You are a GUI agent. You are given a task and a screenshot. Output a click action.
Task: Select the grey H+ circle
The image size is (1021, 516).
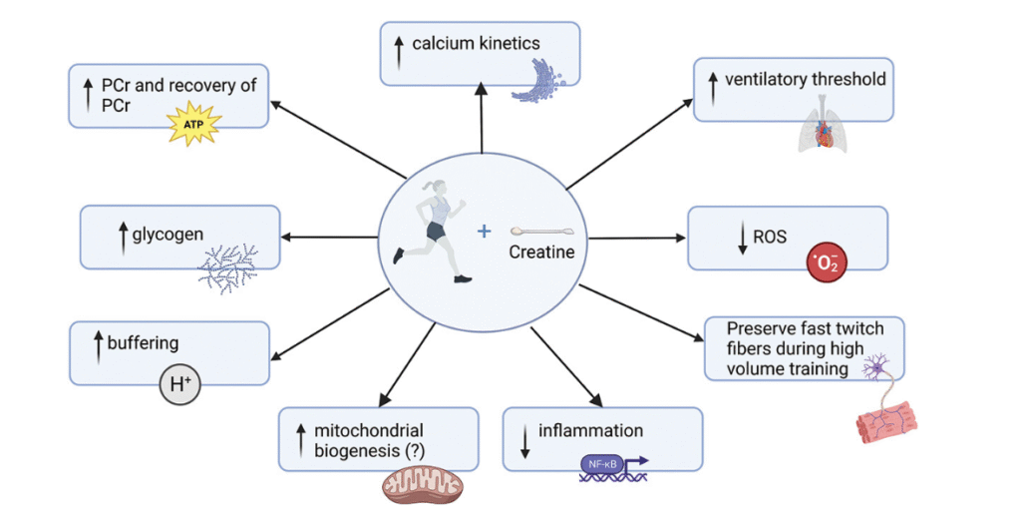point(180,383)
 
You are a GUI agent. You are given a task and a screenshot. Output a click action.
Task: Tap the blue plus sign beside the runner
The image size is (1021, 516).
point(485,231)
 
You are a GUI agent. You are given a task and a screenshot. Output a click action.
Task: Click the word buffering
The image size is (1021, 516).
point(144,343)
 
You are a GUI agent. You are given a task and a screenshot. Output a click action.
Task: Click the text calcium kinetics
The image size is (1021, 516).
point(477,43)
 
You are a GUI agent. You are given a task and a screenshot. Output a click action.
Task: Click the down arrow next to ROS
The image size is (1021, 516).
point(743,241)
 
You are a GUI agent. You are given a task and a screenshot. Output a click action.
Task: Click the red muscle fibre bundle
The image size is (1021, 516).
point(878,418)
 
